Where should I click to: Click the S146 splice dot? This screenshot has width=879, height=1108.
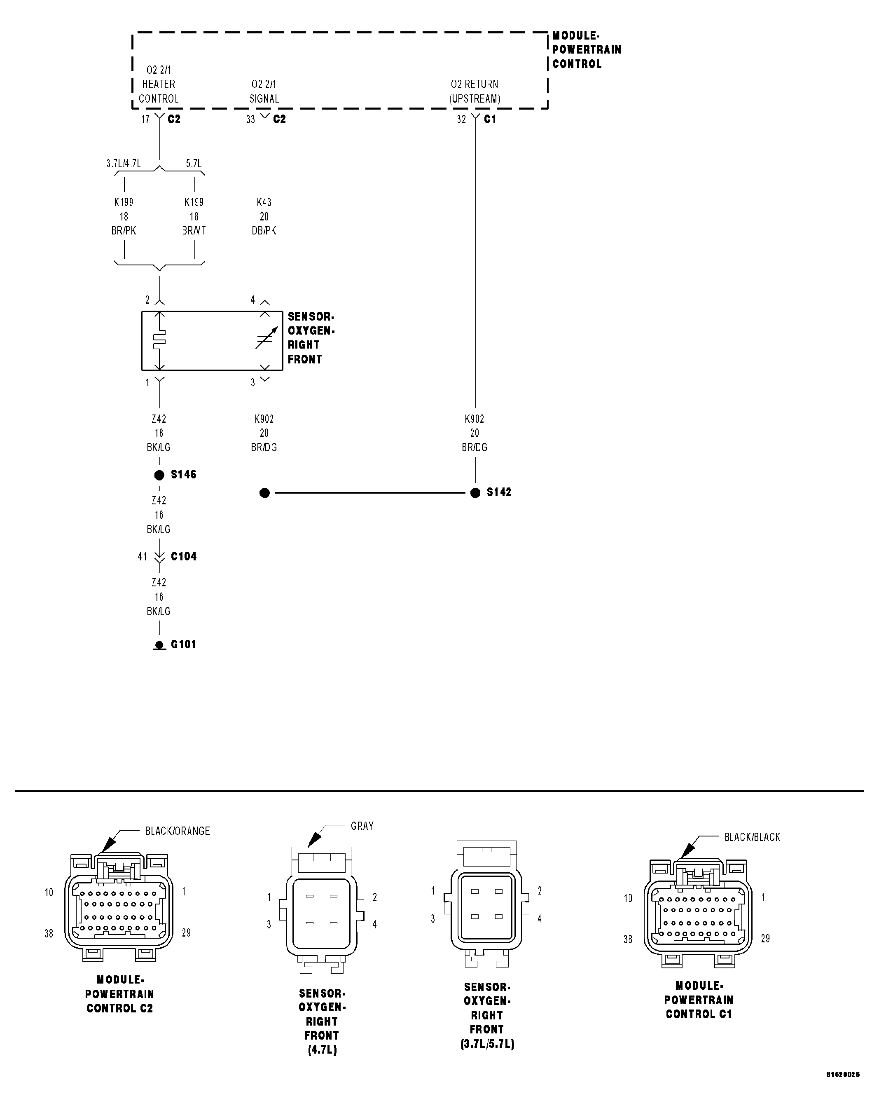[159, 476]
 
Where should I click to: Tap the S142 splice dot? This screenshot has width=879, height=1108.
[475, 493]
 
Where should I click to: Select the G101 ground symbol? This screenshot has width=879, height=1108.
[159, 645]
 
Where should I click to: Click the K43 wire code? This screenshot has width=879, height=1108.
[264, 202]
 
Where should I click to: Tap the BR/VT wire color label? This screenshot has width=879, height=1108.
[194, 231]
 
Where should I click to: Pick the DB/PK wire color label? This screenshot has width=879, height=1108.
[264, 231]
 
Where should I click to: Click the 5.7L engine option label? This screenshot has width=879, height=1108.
[194, 164]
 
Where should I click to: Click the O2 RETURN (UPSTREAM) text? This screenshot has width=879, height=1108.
[475, 91]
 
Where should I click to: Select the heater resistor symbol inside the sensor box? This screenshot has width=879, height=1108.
[159, 340]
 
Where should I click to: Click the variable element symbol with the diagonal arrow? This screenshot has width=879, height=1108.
[266, 339]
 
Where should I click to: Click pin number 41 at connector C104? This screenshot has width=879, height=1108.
[142, 557]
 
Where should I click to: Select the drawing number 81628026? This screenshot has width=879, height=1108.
[842, 1089]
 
